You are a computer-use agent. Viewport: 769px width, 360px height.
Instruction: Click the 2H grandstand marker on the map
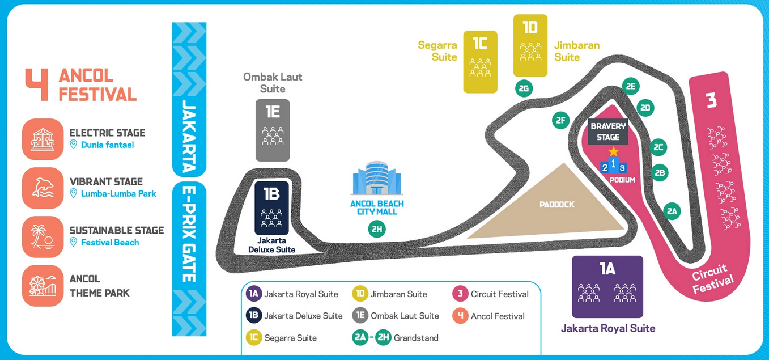(376, 229)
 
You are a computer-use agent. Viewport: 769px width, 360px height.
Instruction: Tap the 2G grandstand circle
(524, 88)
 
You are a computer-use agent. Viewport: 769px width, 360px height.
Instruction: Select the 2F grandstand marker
(560, 120)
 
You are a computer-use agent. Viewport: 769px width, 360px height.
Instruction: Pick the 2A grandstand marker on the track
(672, 211)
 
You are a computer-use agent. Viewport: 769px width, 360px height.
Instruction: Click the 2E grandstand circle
(630, 86)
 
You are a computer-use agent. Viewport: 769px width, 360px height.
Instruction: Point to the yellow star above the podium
(613, 152)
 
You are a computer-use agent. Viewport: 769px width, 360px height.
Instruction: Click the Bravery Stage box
(608, 132)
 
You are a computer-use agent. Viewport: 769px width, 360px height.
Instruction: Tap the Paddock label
(556, 205)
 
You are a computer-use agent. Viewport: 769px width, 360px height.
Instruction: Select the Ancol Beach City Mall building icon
(377, 178)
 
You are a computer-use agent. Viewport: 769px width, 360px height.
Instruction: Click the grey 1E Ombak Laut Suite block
(273, 130)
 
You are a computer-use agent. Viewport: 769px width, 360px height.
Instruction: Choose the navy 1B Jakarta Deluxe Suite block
(271, 207)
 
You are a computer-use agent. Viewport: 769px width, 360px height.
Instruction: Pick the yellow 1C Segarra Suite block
(480, 62)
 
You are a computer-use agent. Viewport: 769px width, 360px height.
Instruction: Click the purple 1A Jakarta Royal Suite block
(607, 286)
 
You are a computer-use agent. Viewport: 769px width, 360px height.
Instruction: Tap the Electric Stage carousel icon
(43, 139)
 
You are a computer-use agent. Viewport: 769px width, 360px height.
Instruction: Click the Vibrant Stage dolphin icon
(43, 188)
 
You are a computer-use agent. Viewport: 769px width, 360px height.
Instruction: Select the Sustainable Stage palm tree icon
(43, 237)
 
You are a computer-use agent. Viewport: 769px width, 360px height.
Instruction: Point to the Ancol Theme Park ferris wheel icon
(43, 286)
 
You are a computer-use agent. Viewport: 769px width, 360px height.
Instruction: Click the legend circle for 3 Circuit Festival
(460, 294)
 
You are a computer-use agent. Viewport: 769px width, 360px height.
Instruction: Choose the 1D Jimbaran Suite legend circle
(360, 294)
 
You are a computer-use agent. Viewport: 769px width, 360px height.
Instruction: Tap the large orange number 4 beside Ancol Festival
(37, 85)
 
